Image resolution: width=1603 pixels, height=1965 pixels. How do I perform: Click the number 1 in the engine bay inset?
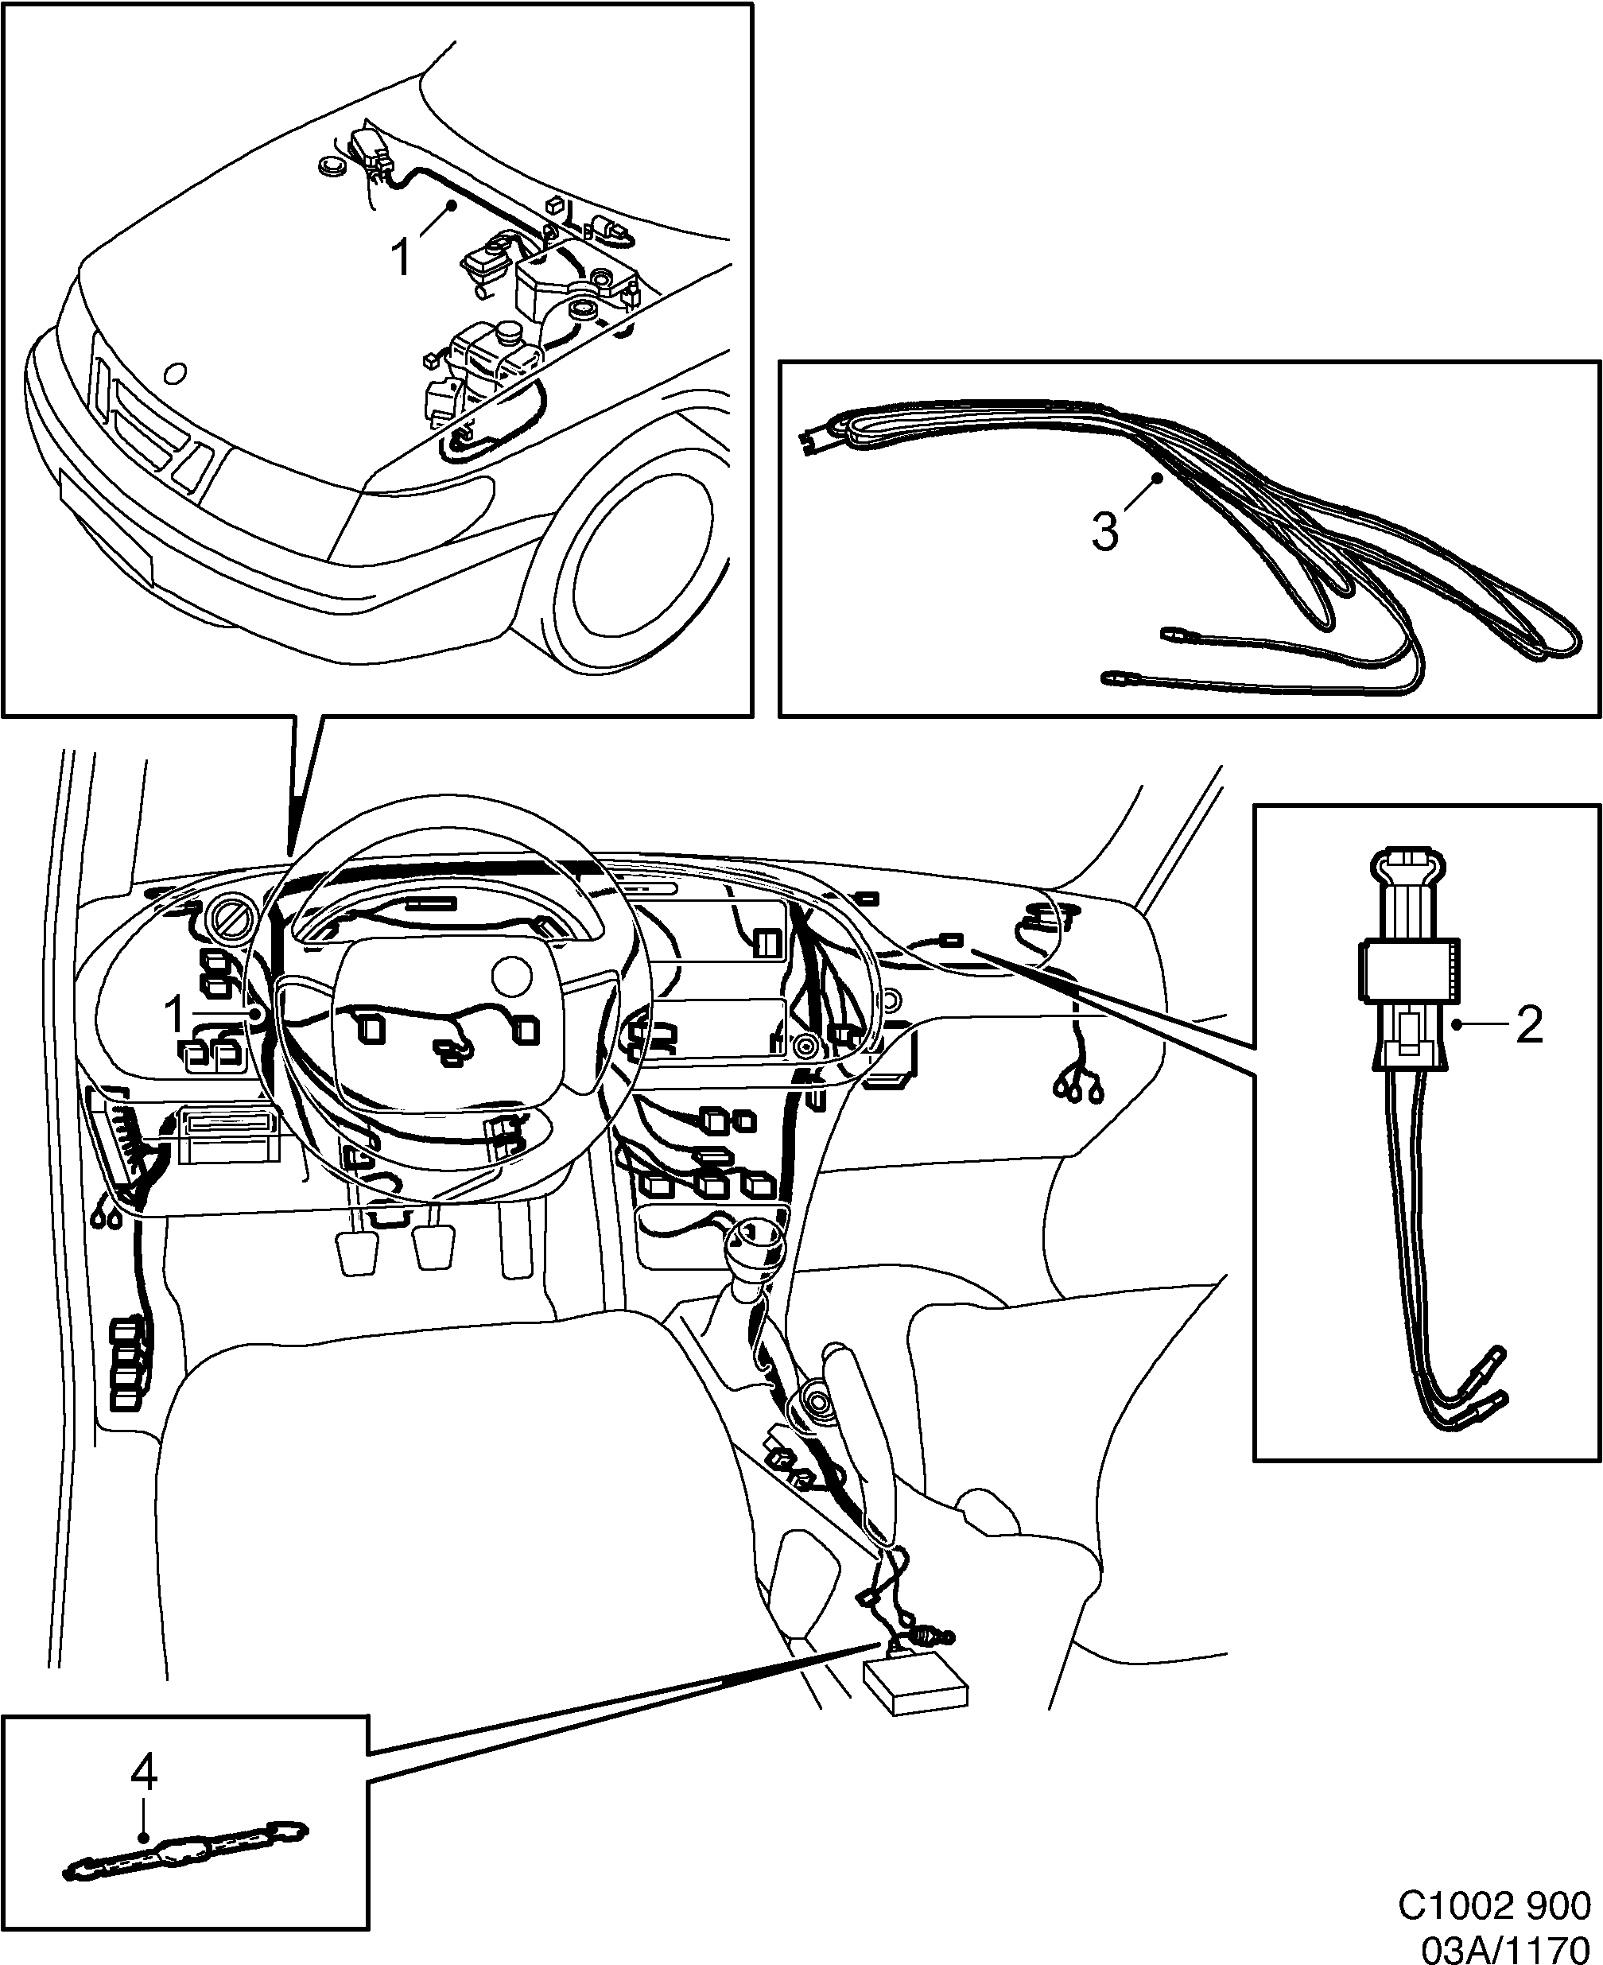click(402, 258)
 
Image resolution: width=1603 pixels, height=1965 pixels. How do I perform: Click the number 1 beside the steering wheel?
click(174, 1014)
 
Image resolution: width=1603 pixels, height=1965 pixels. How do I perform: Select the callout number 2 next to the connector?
click(1529, 1025)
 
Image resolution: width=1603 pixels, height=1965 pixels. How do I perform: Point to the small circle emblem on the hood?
click(173, 374)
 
